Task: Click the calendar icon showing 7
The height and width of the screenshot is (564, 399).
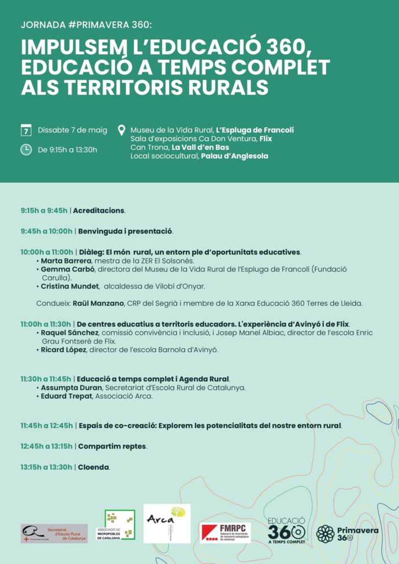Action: click(26, 131)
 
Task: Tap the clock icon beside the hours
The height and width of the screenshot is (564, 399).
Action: click(26, 150)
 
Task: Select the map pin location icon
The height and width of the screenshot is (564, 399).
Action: click(122, 131)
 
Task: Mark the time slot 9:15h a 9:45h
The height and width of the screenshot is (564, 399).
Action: click(44, 210)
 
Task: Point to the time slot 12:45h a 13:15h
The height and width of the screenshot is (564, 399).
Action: click(46, 446)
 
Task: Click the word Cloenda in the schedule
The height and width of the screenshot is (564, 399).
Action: click(93, 467)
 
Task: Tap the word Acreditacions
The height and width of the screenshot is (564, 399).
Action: click(99, 210)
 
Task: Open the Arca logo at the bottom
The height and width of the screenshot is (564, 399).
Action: click(166, 523)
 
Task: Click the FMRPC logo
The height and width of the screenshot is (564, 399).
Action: click(225, 533)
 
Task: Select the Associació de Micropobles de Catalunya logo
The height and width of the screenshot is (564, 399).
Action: click(120, 525)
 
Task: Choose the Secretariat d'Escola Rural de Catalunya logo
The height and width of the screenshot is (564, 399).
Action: click(54, 533)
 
